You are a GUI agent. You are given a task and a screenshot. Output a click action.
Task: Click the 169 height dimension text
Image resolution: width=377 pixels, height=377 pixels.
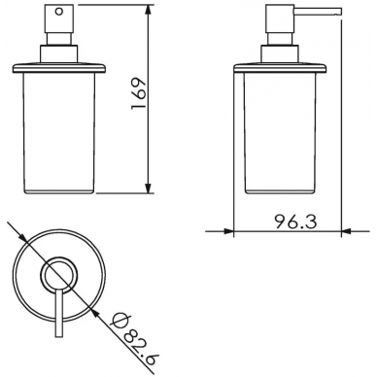pyautogui.click(x=139, y=93)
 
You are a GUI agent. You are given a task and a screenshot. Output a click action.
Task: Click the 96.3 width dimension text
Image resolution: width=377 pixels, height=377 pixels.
pyautogui.click(x=295, y=223)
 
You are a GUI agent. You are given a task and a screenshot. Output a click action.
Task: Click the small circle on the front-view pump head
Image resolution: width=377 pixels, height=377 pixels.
pyautogui.click(x=58, y=12)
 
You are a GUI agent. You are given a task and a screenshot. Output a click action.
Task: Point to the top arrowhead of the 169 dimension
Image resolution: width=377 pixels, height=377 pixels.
pyautogui.click(x=148, y=10)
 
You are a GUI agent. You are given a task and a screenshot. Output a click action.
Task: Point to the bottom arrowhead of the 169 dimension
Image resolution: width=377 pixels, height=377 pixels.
pyautogui.click(x=148, y=188)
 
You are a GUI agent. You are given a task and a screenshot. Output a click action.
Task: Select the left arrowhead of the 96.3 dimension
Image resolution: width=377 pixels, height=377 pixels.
pyautogui.click(x=228, y=231)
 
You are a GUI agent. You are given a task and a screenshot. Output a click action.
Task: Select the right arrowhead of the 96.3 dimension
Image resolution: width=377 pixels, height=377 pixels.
pyautogui.click(x=347, y=231)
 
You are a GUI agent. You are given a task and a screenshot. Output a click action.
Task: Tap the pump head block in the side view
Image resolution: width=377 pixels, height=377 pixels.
pyautogui.click(x=280, y=18)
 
